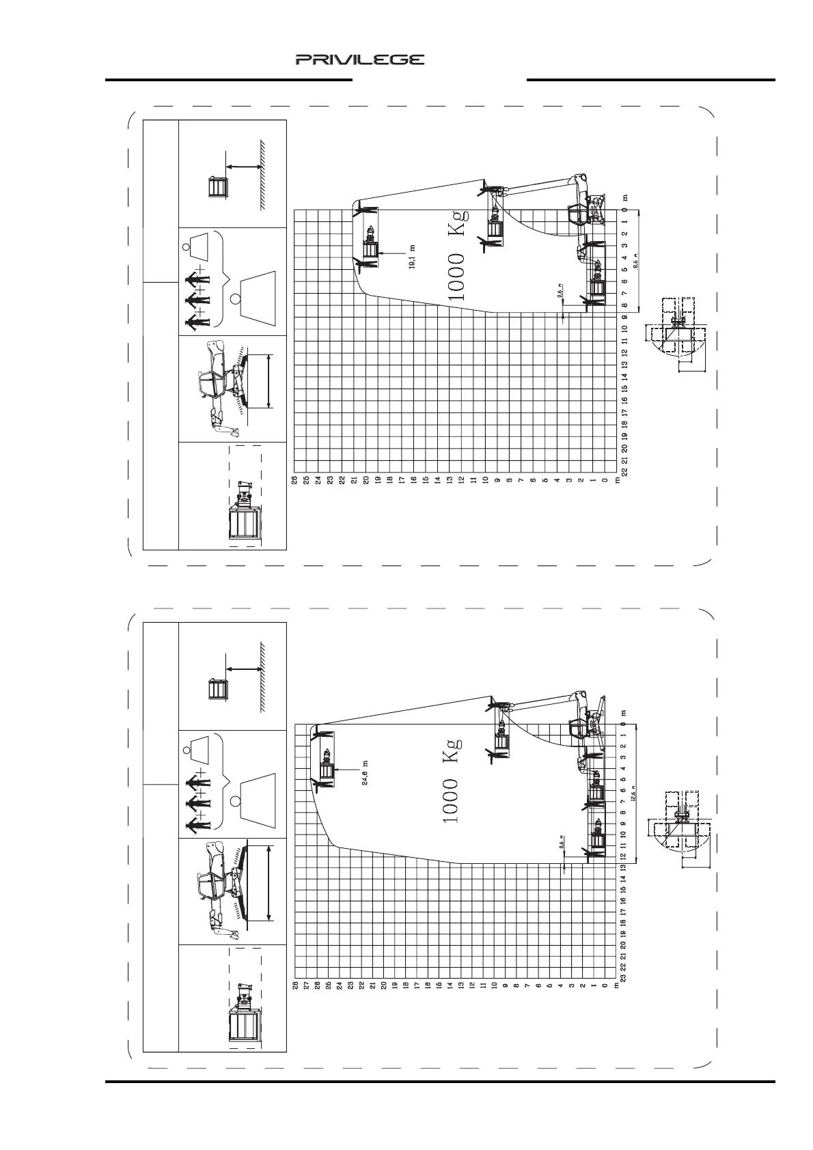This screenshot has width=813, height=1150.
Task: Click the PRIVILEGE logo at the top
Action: click(x=360, y=60)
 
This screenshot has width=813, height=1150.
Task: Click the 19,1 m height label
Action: click(x=412, y=257)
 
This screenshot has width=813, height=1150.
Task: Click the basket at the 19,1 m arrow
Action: click(x=370, y=248)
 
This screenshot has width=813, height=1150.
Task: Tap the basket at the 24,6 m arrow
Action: click(x=326, y=770)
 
